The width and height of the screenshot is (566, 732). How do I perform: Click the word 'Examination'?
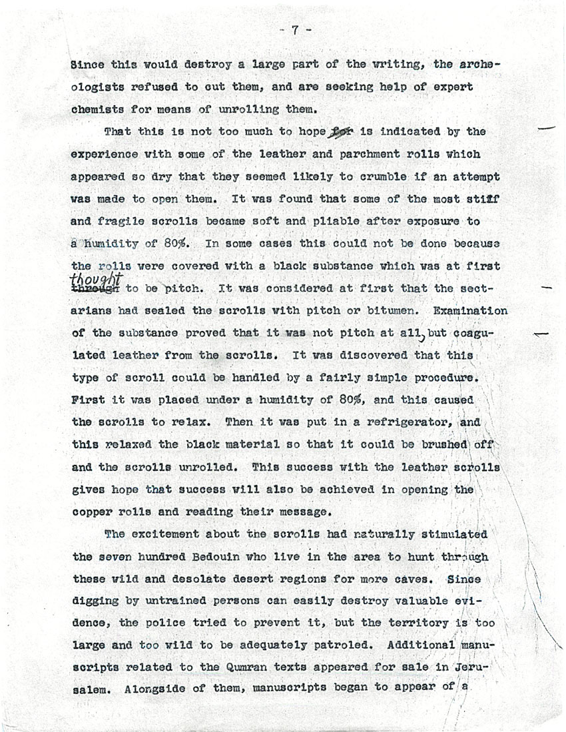(470, 310)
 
